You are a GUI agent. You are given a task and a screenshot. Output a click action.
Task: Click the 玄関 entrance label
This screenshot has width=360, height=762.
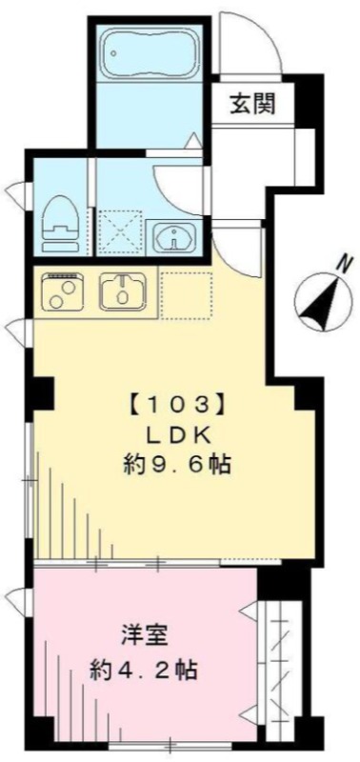click(252, 103)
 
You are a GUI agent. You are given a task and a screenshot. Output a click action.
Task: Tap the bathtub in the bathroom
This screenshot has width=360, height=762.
click(150, 52)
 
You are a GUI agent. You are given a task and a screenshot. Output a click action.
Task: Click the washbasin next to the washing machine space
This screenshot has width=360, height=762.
click(174, 237)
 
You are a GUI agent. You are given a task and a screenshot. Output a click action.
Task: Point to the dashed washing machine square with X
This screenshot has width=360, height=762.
click(119, 232)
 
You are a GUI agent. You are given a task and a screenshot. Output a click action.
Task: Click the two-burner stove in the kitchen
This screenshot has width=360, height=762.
click(63, 291)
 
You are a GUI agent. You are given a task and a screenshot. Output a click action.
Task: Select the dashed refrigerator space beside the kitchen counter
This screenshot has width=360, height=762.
click(187, 296)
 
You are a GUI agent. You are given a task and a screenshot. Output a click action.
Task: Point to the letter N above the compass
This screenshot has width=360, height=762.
click(345, 266)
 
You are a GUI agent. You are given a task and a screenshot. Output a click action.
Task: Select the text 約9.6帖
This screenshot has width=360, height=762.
click(176, 466)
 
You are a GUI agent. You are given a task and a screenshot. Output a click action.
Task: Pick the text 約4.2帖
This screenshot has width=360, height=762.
click(143, 672)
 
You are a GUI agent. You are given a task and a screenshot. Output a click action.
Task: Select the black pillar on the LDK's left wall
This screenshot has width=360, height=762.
click(43, 393)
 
